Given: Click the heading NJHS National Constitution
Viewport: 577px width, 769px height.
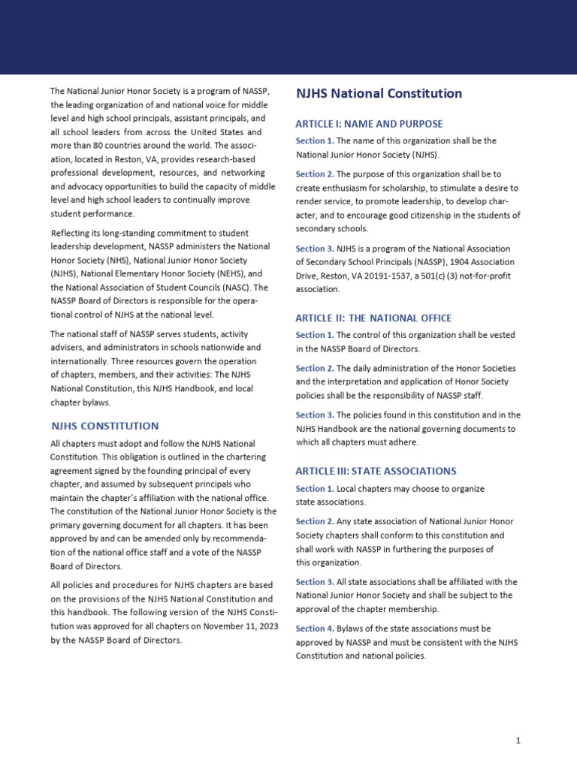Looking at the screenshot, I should (x=379, y=94).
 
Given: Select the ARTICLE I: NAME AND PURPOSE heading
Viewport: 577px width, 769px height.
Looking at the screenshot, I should (x=369, y=124).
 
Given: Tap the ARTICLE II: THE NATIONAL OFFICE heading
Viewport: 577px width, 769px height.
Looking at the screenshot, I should (x=373, y=318).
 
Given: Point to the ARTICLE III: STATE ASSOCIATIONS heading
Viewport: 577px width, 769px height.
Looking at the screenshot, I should (x=376, y=471).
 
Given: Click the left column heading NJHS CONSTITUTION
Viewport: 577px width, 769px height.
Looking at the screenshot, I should (x=104, y=426).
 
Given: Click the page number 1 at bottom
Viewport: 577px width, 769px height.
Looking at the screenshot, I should (x=518, y=740).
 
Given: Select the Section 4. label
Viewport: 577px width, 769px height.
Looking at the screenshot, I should (x=315, y=628).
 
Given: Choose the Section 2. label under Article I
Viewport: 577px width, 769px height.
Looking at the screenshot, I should (x=315, y=174).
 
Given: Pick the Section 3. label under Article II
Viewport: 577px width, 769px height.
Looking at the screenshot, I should (x=315, y=415).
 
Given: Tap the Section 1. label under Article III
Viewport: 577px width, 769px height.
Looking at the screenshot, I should (x=315, y=489).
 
